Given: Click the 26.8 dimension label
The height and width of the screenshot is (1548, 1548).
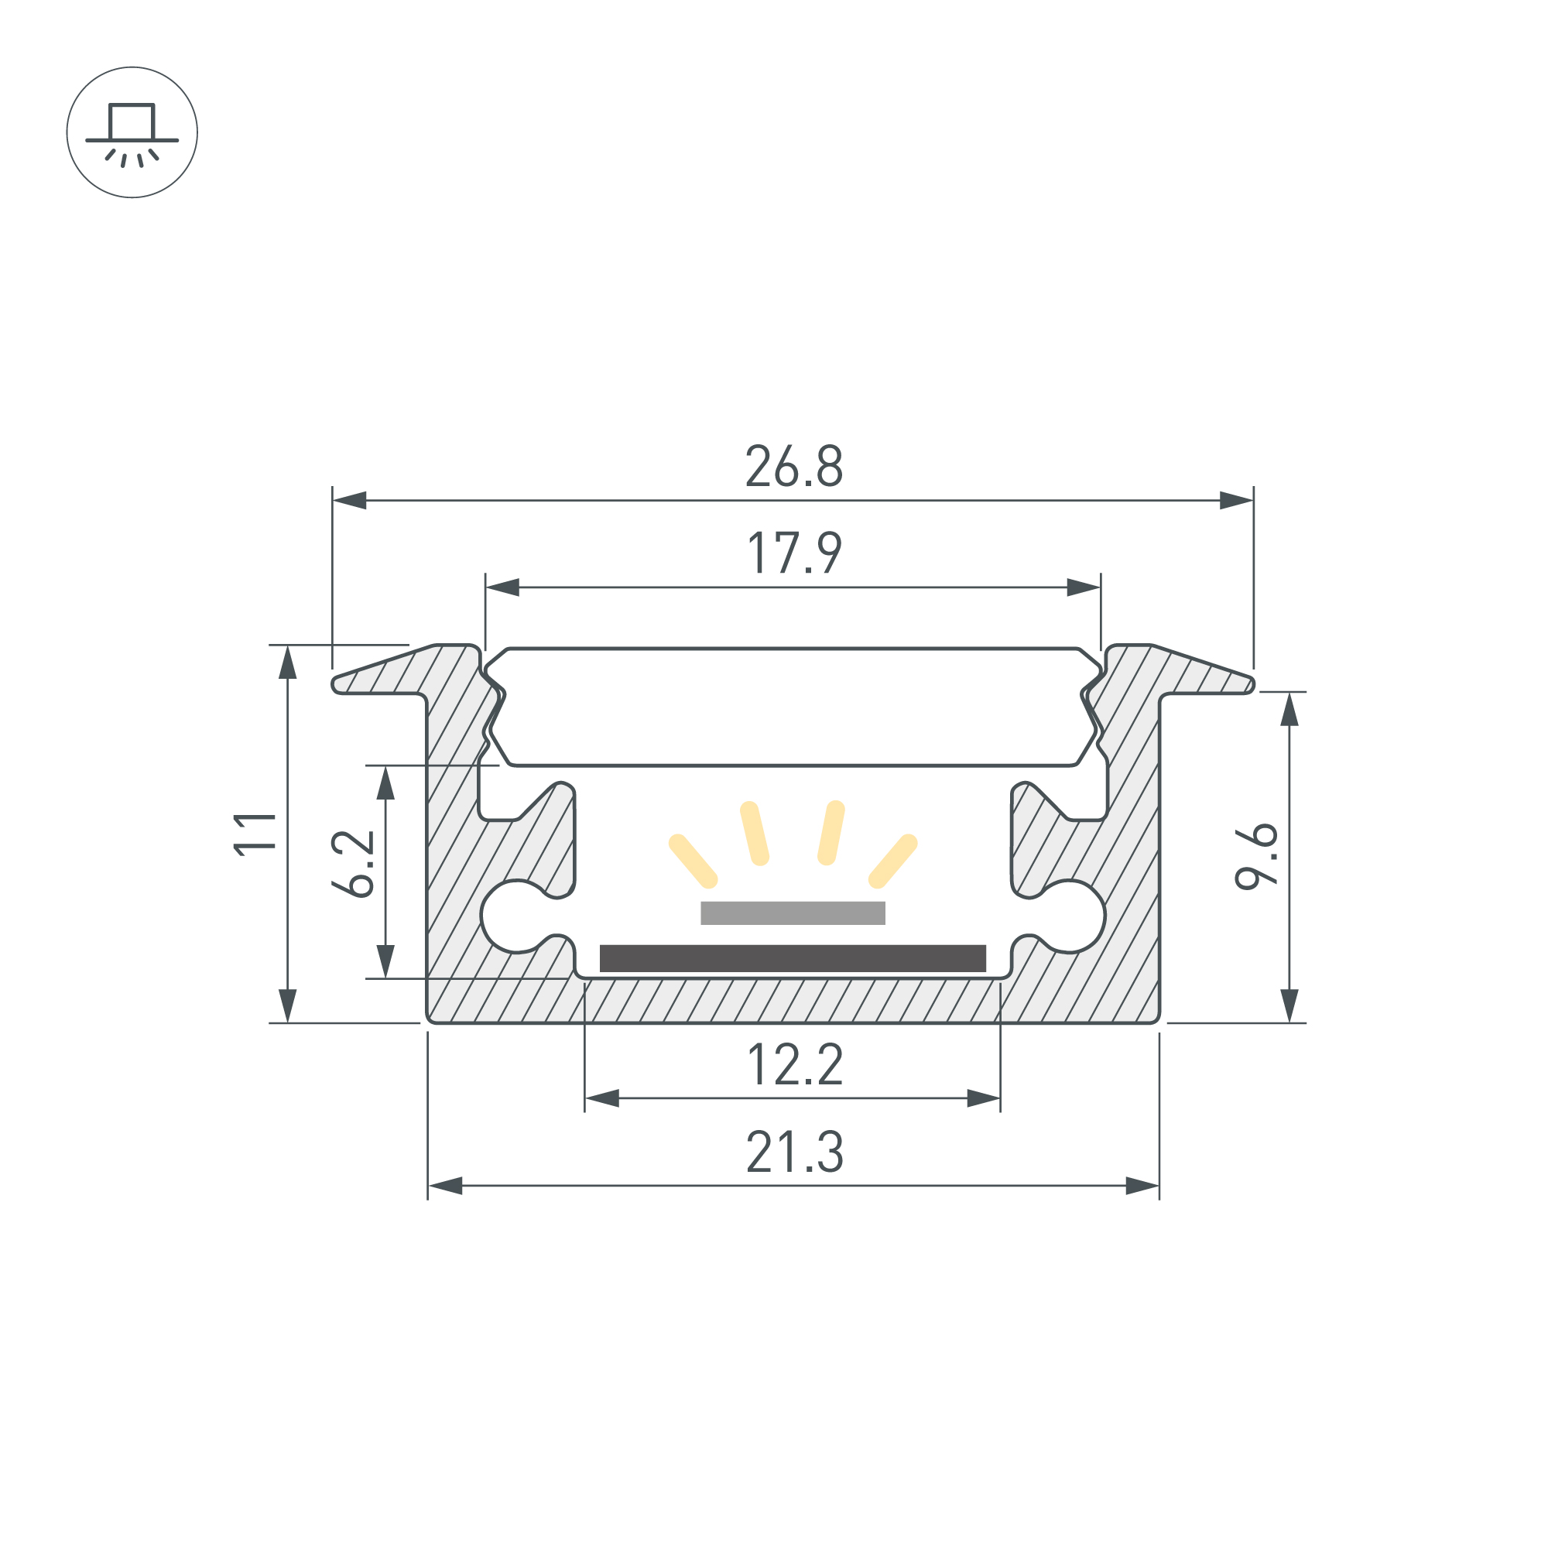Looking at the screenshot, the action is click(x=794, y=466).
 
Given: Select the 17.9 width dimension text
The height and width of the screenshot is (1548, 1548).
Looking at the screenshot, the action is click(x=794, y=553).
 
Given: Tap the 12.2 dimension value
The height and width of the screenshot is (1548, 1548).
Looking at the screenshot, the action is click(x=795, y=1065).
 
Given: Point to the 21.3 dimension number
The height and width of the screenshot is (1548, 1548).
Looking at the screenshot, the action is click(x=795, y=1152).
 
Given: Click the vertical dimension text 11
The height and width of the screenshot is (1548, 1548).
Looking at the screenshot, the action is click(x=255, y=835).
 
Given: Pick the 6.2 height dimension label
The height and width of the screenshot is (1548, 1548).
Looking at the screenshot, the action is click(x=352, y=865).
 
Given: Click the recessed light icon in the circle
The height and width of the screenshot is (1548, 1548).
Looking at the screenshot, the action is click(x=132, y=133).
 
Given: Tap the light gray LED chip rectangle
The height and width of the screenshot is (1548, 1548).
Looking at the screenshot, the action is click(x=793, y=913).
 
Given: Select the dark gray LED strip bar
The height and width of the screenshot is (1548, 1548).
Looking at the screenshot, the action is click(x=793, y=958).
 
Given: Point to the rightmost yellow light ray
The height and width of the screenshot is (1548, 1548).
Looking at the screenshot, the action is click(x=892, y=861).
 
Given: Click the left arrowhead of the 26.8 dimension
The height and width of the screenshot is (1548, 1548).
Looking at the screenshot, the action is click(x=349, y=501).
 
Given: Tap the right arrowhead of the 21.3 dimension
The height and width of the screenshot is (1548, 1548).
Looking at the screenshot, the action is click(x=1142, y=1186).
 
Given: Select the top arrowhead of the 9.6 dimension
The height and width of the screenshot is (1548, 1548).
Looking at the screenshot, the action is click(x=1289, y=709).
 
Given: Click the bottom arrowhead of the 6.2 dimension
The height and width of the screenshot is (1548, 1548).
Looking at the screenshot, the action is click(x=385, y=961).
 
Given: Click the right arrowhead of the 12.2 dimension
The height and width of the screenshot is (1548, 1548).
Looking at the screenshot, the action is click(x=983, y=1098).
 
